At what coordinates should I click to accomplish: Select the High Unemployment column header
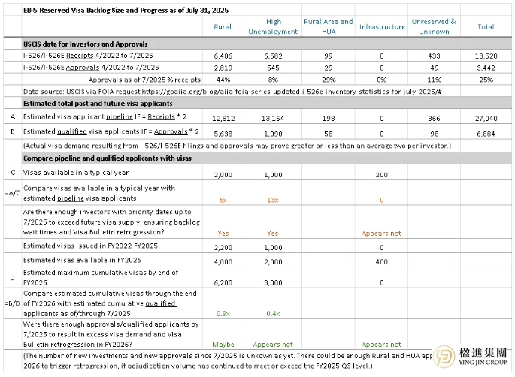[x=274, y=26]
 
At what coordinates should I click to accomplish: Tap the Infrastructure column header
[x=382, y=27]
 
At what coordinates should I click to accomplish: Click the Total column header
[x=486, y=27]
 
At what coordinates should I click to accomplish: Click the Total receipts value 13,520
[x=486, y=56]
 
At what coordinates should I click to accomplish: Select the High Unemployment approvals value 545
[x=274, y=67]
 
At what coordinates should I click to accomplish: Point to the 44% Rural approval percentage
[x=222, y=78]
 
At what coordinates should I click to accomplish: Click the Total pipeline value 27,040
[x=486, y=118]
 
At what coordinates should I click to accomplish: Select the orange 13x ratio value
[x=274, y=200]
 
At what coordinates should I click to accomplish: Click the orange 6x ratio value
[x=223, y=200]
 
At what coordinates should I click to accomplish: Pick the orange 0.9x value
[x=223, y=312]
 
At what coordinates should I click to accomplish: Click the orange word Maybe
[x=222, y=345]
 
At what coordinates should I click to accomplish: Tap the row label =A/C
[x=11, y=193]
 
